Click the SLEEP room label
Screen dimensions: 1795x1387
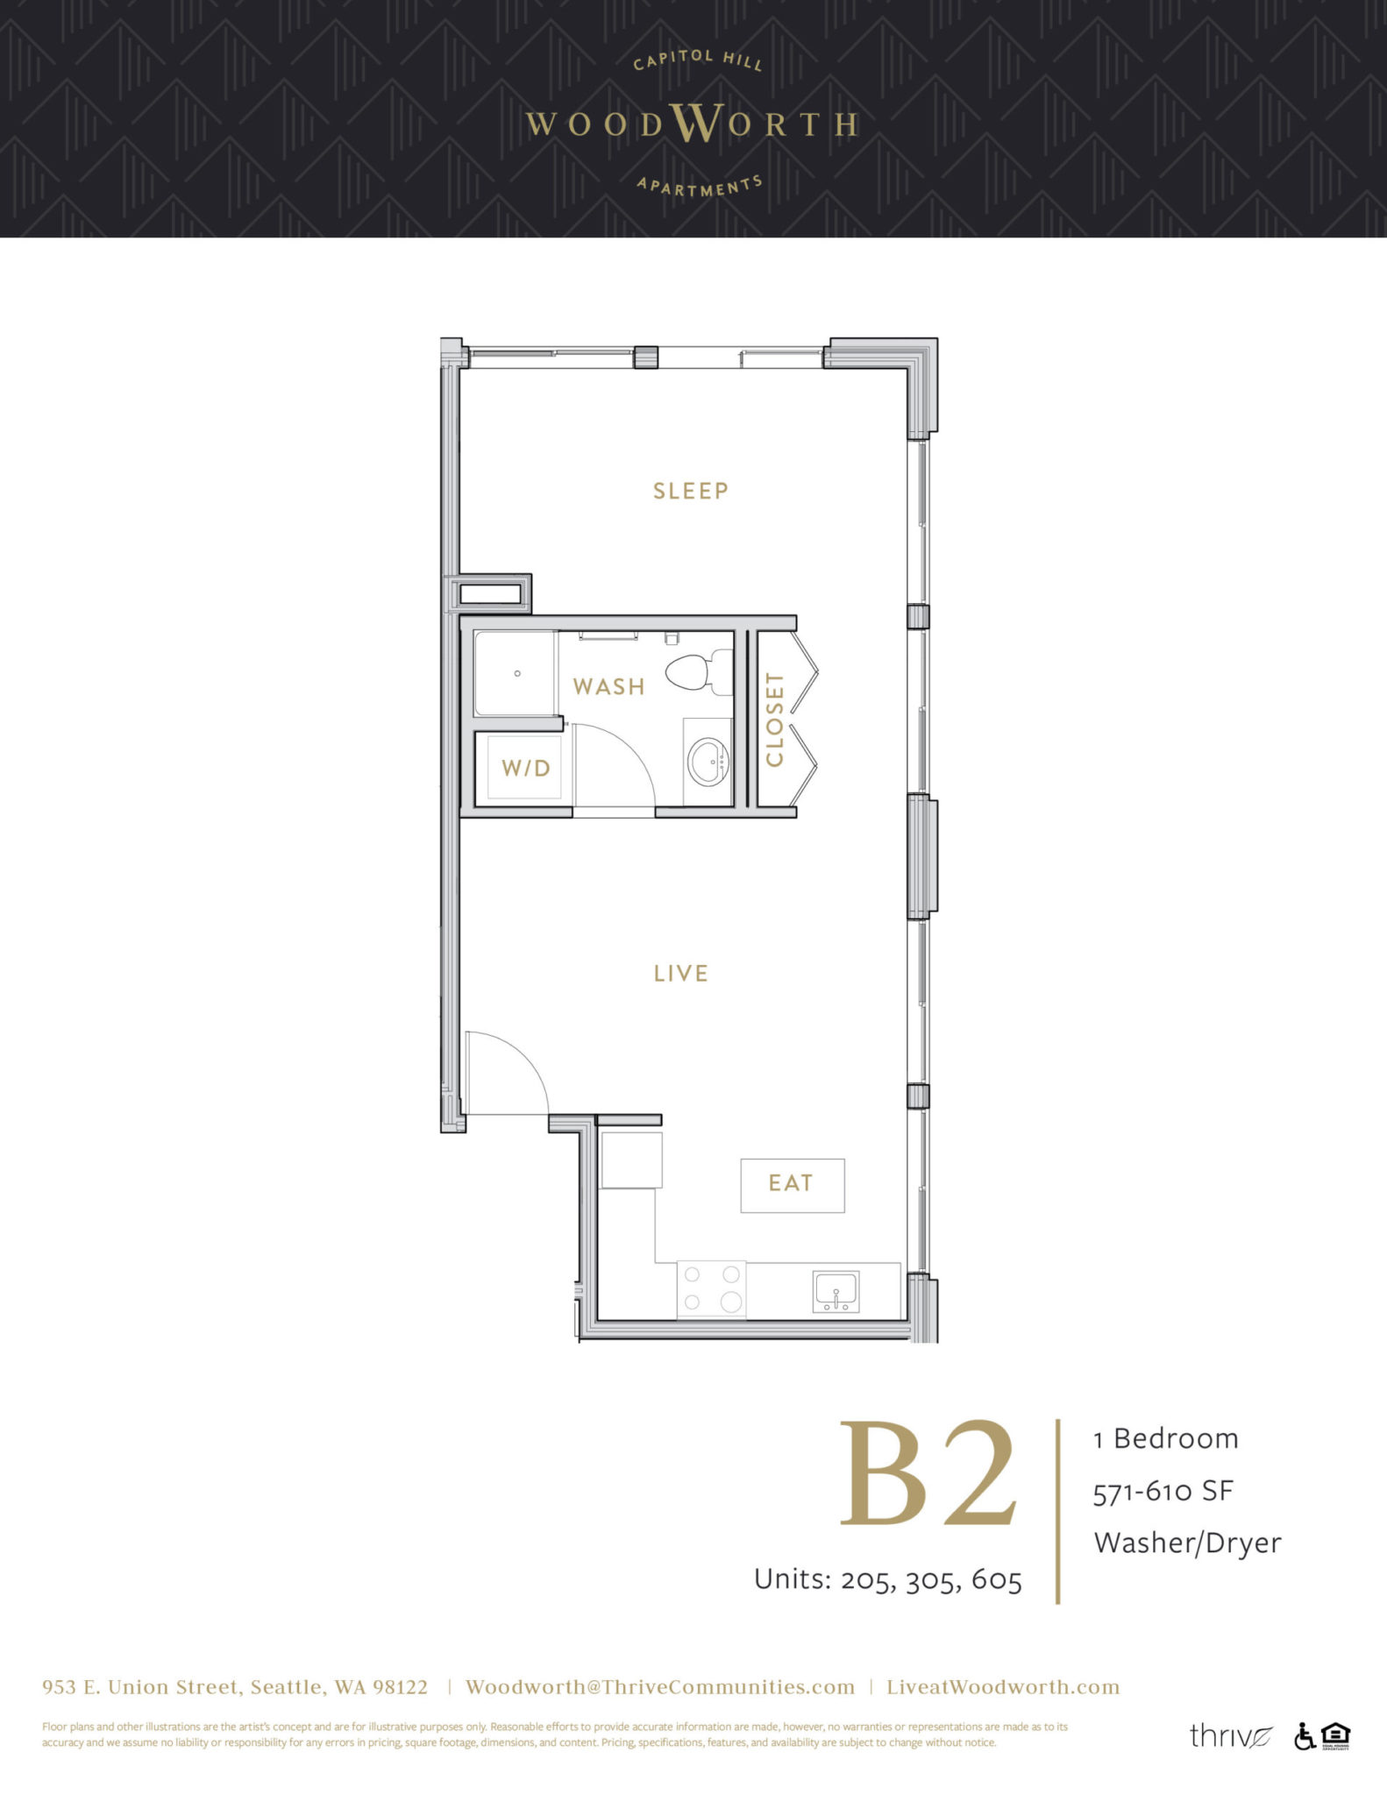690,491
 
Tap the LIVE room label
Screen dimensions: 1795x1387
680,974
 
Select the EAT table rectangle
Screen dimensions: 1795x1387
792,1185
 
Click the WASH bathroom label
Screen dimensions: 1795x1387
608,686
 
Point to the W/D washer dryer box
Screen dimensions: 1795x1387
524,768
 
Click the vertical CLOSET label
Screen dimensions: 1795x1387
774,719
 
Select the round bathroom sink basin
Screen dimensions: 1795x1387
707,762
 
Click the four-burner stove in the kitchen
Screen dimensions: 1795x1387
711,1288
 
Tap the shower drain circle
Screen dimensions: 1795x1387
517,673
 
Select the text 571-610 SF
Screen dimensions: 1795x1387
1163,1491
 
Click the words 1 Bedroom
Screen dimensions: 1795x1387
1166,1438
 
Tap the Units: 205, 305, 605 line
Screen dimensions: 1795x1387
887,1579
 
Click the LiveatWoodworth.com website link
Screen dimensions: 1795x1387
1002,1687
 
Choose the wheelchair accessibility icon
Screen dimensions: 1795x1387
1304,1735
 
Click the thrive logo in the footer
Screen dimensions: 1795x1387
1229,1735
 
